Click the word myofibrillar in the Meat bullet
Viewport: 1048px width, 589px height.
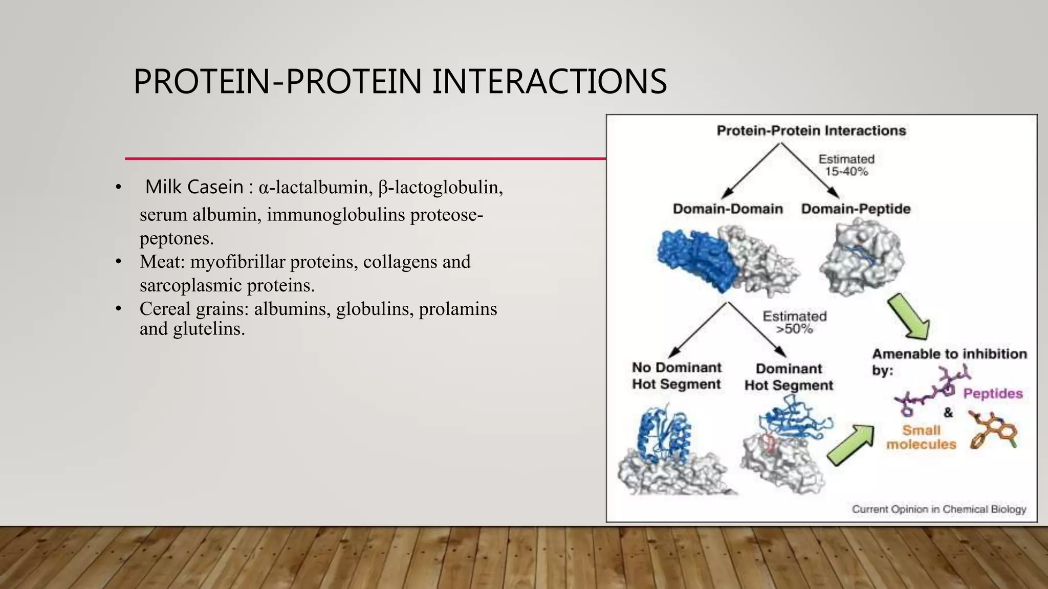click(x=237, y=262)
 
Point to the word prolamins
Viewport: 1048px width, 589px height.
click(x=457, y=309)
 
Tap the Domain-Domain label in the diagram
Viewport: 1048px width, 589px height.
click(x=727, y=209)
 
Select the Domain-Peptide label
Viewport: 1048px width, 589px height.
click(x=856, y=209)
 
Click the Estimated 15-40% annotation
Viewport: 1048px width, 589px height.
click(x=846, y=165)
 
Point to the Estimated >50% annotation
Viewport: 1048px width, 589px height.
click(x=794, y=323)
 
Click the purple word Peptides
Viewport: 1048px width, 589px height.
click(x=992, y=394)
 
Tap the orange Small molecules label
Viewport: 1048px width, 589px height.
click(x=921, y=437)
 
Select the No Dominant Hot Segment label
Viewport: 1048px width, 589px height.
click(x=676, y=376)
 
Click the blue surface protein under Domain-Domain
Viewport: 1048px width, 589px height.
click(x=696, y=258)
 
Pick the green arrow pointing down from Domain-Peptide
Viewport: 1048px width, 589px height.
click(x=909, y=317)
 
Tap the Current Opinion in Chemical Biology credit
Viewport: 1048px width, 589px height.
click(x=938, y=509)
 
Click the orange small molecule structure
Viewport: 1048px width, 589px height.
click(x=993, y=432)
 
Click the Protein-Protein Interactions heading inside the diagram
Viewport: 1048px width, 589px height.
click(x=811, y=131)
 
